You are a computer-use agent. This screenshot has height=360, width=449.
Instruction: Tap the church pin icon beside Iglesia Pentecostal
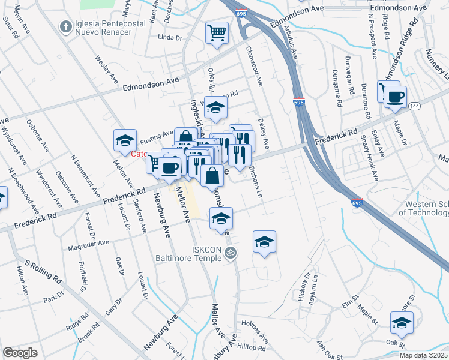click(65, 26)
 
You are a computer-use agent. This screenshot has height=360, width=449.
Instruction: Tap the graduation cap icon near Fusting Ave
click(125, 140)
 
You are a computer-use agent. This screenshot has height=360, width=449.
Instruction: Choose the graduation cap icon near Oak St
click(402, 323)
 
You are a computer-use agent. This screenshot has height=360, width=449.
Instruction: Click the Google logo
click(20, 352)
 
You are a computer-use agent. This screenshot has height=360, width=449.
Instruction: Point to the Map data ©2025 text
click(423, 355)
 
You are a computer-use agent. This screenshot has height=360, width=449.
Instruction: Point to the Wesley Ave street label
click(106, 68)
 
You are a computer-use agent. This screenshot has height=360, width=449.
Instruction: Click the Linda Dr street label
click(169, 37)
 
